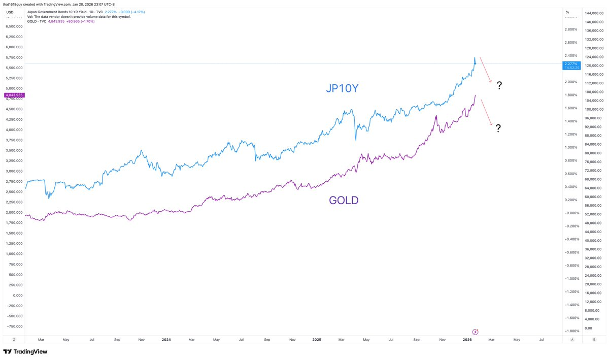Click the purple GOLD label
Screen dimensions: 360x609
pyautogui.click(x=344, y=200)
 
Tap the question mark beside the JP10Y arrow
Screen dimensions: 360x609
pyautogui.click(x=499, y=85)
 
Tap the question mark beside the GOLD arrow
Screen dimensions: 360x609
pyautogui.click(x=498, y=128)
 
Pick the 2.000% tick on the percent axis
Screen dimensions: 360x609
pyautogui.click(x=571, y=82)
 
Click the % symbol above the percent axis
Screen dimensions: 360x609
pyautogui.click(x=567, y=12)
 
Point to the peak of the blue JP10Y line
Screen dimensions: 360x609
pyautogui.click(x=475, y=57)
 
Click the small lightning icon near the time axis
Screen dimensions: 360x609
pyautogui.click(x=476, y=330)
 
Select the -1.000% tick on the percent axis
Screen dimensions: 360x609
pyautogui.click(x=571, y=279)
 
